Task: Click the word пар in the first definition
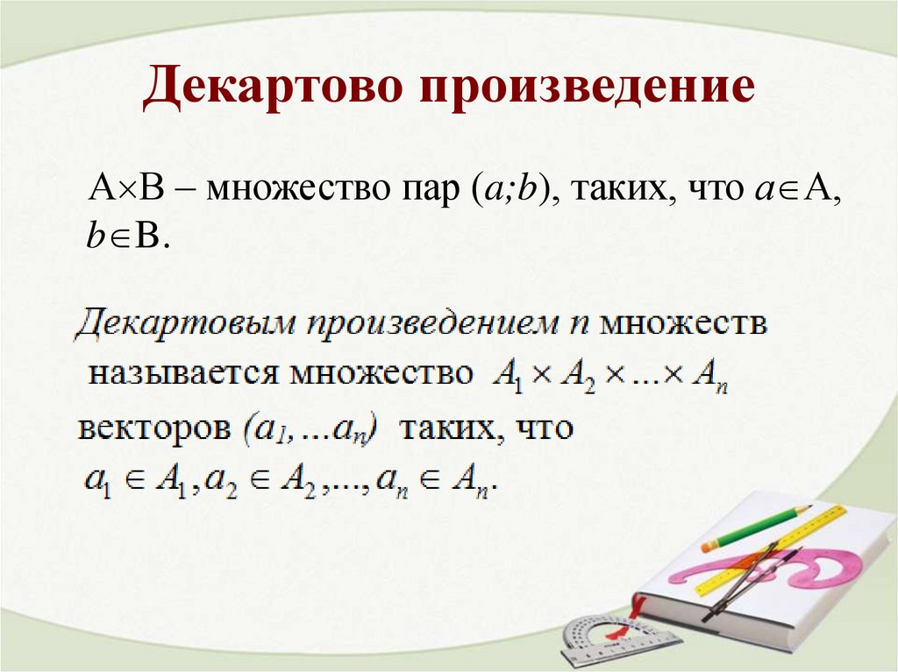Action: click(x=430, y=188)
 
